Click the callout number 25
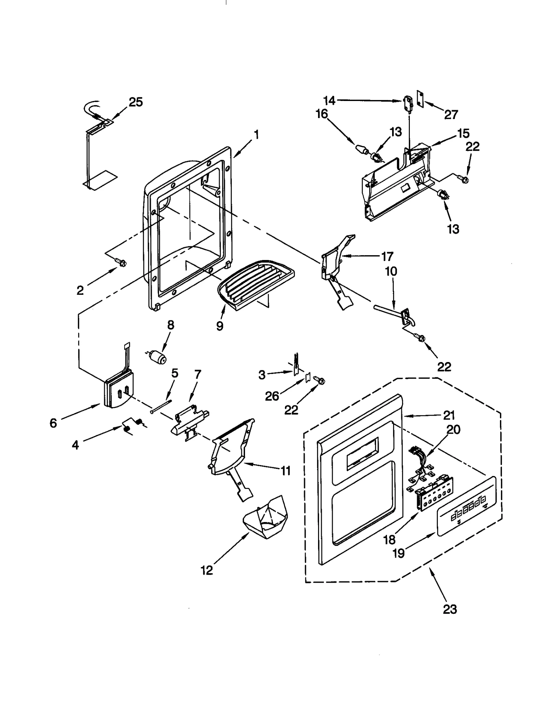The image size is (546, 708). point(135,102)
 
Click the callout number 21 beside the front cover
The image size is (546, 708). point(449,415)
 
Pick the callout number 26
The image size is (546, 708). point(272,396)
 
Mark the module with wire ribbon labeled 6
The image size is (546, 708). point(118,392)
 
